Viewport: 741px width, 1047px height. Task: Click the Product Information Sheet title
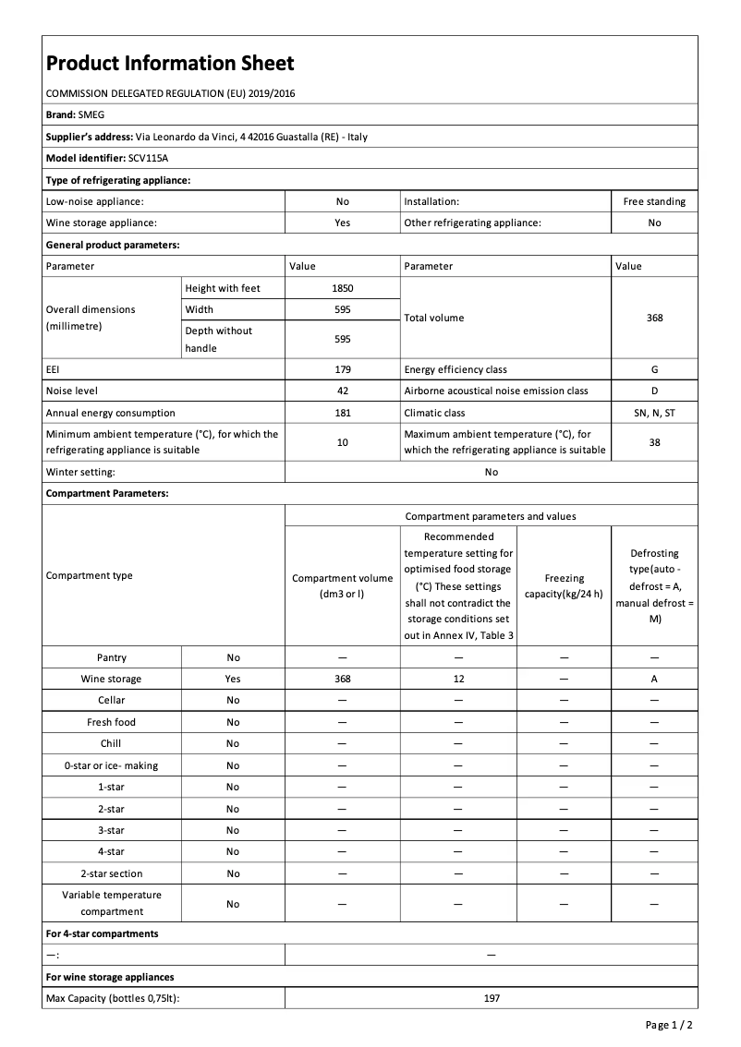(170, 63)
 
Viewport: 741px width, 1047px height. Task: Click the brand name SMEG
(92, 114)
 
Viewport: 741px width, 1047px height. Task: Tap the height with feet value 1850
(342, 288)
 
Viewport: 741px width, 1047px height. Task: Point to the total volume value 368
(654, 318)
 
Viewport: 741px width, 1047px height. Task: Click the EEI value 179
(342, 369)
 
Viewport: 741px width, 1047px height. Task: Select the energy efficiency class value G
(654, 369)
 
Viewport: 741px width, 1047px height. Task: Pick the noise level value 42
(342, 391)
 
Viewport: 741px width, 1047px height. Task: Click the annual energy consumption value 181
(342, 413)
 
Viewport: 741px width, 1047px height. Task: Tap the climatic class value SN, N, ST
(654, 413)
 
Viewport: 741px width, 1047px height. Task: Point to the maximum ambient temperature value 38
(654, 442)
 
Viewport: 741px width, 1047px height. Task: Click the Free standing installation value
(654, 201)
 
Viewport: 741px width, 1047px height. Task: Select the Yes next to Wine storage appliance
(342, 223)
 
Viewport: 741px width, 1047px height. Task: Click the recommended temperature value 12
(459, 679)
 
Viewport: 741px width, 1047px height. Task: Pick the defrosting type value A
(654, 679)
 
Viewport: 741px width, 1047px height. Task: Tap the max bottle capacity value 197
(491, 998)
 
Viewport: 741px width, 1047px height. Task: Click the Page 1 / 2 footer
(669, 1025)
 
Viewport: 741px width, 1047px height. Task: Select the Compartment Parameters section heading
(107, 494)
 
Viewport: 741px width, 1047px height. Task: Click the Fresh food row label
(111, 722)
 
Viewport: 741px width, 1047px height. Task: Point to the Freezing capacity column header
(564, 585)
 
